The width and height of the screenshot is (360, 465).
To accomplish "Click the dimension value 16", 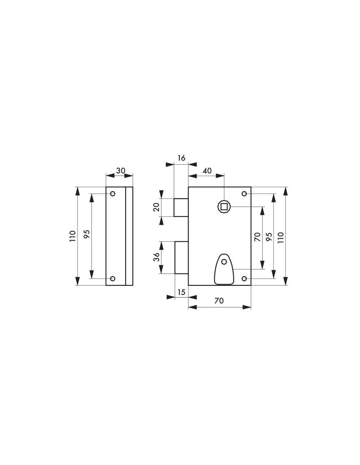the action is pos(181,158).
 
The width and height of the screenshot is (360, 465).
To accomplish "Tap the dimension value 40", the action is pos(207,171).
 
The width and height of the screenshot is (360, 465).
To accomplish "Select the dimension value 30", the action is pos(120,171).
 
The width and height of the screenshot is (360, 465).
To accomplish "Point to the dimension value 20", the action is pos(157,207).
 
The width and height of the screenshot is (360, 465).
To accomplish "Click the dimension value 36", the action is pos(157,257).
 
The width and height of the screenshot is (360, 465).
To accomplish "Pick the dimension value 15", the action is pos(181,292).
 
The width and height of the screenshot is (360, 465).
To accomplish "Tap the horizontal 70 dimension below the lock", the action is pos(219,301).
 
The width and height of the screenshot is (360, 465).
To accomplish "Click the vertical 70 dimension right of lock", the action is pos(258,237).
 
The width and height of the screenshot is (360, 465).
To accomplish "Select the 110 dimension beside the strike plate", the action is pos(73,236).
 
